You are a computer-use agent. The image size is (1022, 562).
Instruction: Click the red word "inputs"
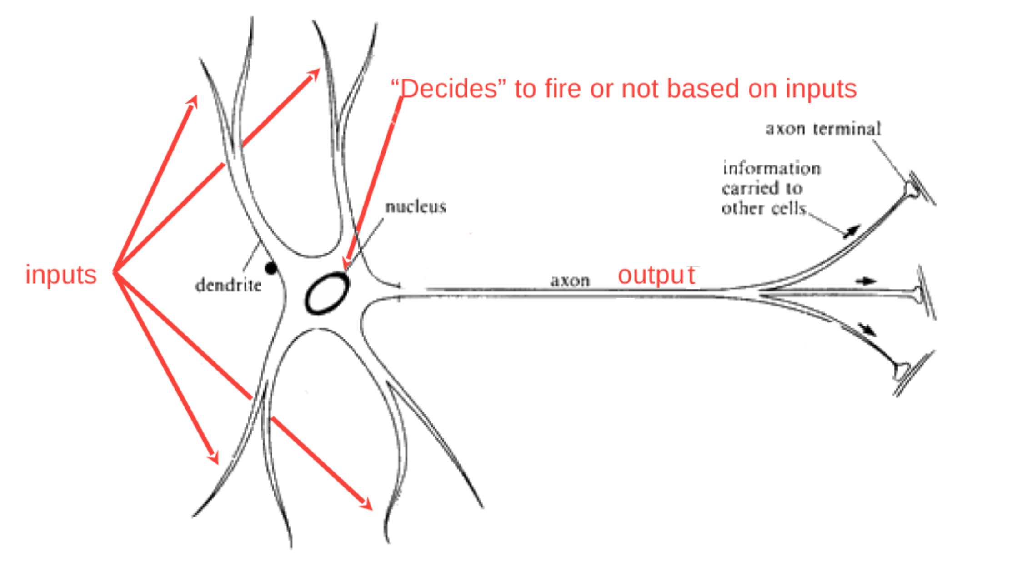[61, 275]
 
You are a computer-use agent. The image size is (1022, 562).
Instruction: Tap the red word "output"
[656, 275]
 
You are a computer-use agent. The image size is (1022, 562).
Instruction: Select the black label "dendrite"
[228, 286]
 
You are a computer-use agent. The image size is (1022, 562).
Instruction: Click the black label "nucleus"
[416, 207]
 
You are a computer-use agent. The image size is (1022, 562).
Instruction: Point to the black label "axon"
[570, 281]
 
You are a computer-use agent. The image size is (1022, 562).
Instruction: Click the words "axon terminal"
[823, 129]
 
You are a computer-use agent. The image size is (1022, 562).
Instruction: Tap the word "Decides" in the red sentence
[448, 89]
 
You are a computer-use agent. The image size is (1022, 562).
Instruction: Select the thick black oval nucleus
[327, 293]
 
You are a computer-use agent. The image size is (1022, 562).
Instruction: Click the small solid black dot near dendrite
[271, 268]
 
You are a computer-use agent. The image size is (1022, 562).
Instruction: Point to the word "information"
[772, 169]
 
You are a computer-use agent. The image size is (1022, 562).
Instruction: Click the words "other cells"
[764, 208]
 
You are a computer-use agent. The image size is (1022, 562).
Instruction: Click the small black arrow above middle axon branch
[866, 281]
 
